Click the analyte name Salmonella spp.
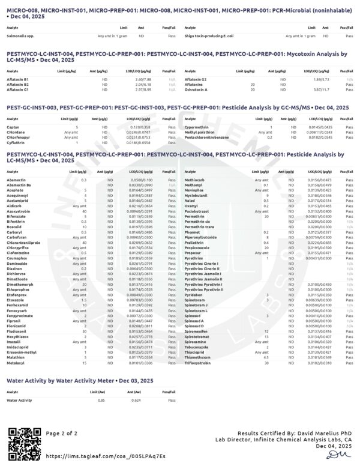click(18, 36)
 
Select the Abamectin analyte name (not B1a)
click(16, 180)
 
